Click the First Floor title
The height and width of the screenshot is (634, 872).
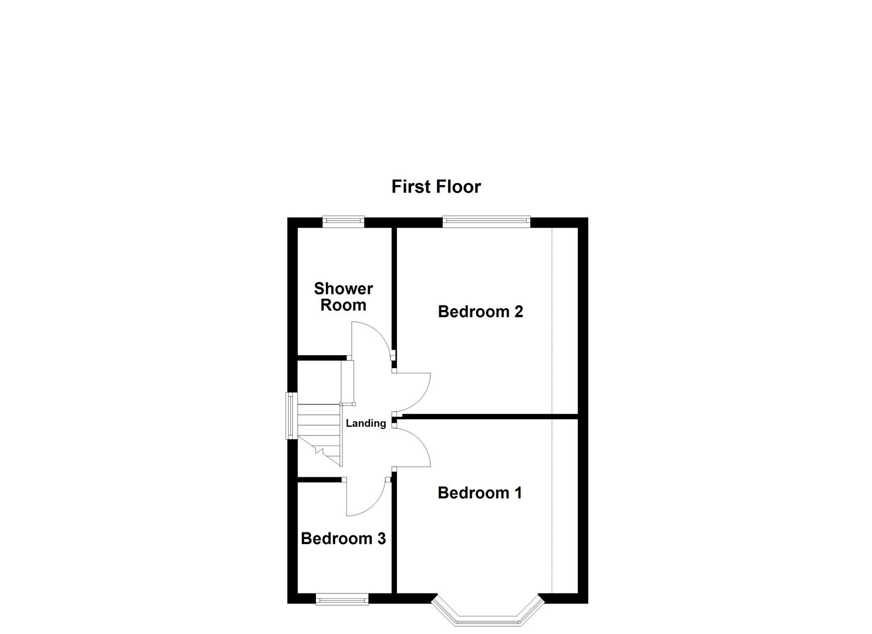436,187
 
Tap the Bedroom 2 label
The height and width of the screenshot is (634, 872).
480,312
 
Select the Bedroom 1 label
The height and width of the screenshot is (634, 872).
479,493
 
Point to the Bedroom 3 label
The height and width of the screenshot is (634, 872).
343,538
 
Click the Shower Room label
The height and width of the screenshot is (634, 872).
343,297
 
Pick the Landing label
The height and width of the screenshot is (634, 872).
365,423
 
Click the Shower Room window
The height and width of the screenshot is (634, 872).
343,221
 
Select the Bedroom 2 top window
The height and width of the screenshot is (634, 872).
486,221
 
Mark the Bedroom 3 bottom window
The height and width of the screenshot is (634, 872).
342,599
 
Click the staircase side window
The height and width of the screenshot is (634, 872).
290,416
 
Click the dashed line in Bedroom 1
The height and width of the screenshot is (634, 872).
552,505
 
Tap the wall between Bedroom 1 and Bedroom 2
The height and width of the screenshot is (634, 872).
487,417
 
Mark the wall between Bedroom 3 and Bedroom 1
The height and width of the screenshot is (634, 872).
395,534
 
